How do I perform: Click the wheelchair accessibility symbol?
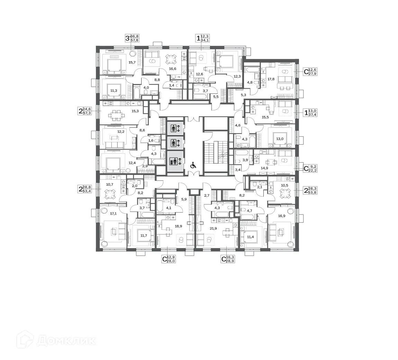[193, 165]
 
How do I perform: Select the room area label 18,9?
[178, 226]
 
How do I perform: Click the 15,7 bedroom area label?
[132, 62]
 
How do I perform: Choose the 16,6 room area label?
[172, 69]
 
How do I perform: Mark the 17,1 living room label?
[113, 214]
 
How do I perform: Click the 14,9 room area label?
[264, 168]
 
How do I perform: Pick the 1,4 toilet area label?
[171, 85]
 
